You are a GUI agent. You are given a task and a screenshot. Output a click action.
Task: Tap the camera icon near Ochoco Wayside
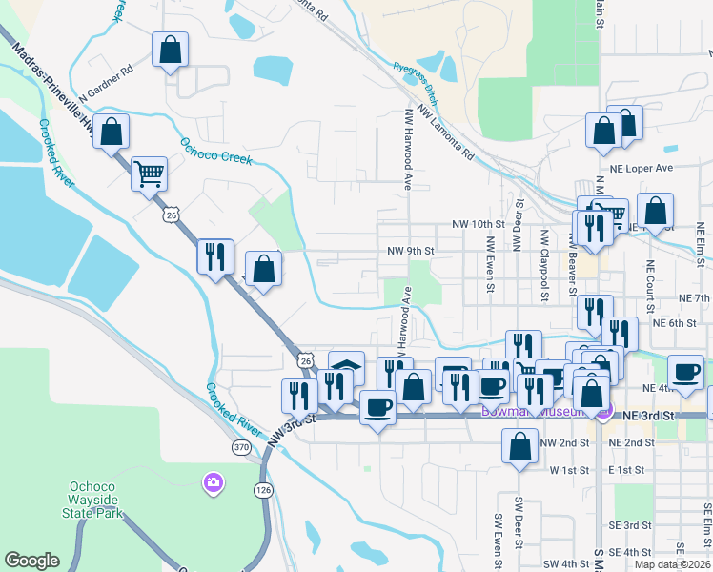tap(213, 482)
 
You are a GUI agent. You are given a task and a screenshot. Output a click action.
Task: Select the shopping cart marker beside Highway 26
tap(150, 174)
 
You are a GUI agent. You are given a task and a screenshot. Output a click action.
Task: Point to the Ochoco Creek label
tap(216, 152)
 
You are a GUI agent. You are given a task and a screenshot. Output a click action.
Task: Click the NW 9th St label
tap(410, 252)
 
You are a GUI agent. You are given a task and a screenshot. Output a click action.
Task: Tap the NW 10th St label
tap(477, 224)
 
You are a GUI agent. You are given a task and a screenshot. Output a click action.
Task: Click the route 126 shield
tap(263, 489)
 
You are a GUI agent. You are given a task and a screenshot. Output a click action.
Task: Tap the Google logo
tap(32, 561)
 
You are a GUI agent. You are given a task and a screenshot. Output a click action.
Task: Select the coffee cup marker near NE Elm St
tap(685, 373)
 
